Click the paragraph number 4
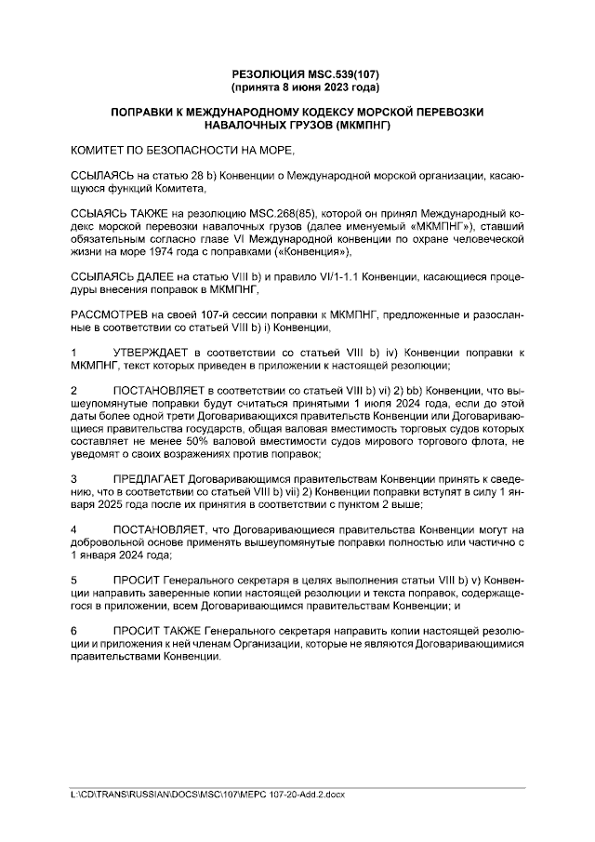pos(74,529)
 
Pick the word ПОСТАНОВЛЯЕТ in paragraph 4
pos(160,529)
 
